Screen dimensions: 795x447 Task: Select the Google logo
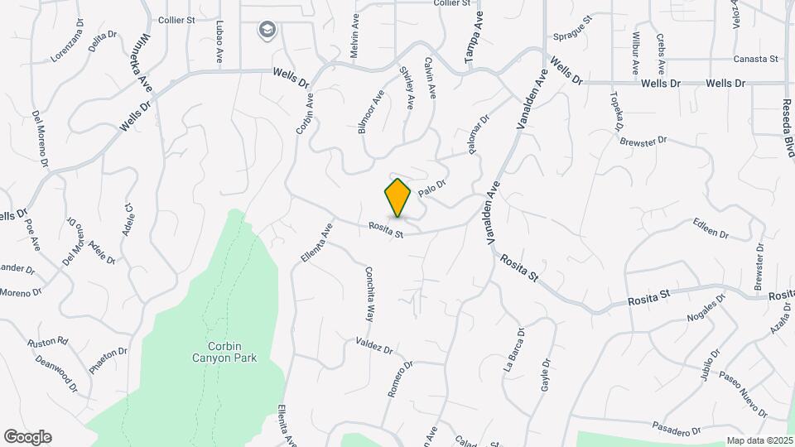(x=27, y=437)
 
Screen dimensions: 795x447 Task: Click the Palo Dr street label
(x=432, y=189)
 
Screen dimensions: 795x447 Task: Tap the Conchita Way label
(x=369, y=293)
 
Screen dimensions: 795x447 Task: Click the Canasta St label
(x=757, y=60)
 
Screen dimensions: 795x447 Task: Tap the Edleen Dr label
(x=711, y=229)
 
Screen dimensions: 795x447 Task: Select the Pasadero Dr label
(x=677, y=431)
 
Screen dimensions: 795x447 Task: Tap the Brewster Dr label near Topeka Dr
(x=643, y=141)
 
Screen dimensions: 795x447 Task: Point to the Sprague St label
(x=571, y=28)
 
